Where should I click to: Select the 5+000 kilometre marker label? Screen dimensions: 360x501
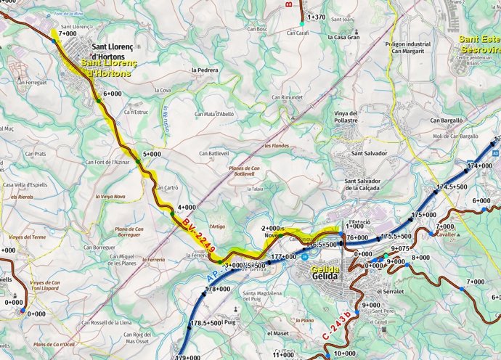152,154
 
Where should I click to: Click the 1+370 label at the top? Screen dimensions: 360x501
317,16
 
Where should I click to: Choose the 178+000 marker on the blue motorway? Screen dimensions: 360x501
218,289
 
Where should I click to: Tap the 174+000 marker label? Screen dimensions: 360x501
480,166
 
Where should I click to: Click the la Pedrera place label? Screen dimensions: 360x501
205,70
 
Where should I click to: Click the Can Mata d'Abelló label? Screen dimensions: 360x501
214,114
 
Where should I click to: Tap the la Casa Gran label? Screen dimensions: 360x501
343,37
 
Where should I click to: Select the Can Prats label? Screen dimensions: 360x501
36,154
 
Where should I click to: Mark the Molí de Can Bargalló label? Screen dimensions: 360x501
457,136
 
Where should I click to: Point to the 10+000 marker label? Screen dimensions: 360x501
344,353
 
